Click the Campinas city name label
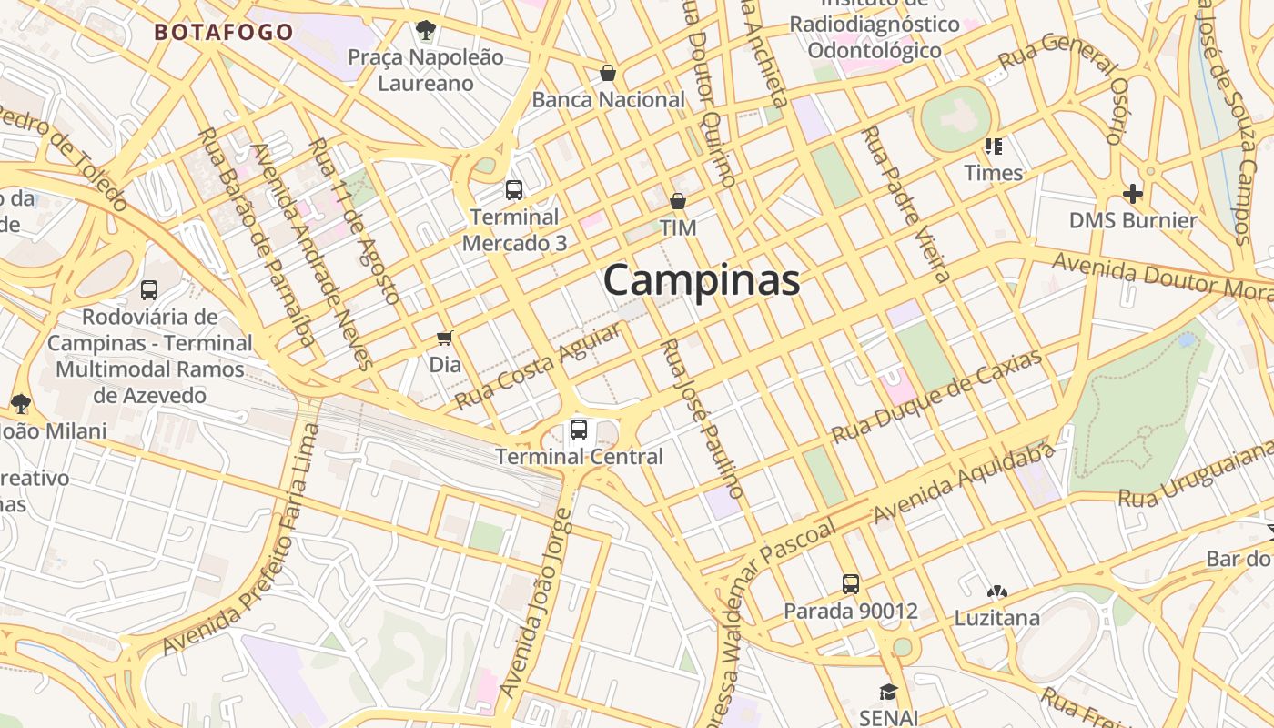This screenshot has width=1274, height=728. (x=702, y=280)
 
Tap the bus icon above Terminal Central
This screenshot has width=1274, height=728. (x=578, y=429)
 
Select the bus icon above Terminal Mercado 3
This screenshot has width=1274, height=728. (x=514, y=190)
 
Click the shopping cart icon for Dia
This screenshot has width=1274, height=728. (x=445, y=338)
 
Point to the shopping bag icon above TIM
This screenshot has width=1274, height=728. (x=678, y=201)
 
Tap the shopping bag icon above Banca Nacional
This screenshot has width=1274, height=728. (x=608, y=73)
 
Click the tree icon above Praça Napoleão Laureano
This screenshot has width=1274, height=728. (x=425, y=30)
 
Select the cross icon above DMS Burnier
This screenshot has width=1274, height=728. (x=1133, y=193)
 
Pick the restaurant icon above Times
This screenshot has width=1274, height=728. (x=993, y=146)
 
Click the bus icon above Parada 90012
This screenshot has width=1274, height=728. (x=851, y=583)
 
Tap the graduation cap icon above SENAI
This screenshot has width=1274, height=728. (x=888, y=692)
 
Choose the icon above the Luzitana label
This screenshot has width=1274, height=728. (x=997, y=591)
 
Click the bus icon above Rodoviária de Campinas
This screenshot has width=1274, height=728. (x=149, y=290)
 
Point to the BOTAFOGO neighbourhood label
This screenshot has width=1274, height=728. (x=224, y=33)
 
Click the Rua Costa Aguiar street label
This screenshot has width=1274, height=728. (x=539, y=365)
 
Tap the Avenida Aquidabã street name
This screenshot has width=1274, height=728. (x=963, y=482)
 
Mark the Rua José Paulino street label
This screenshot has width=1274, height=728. (x=702, y=418)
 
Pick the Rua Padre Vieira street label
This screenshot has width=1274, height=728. (x=906, y=204)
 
